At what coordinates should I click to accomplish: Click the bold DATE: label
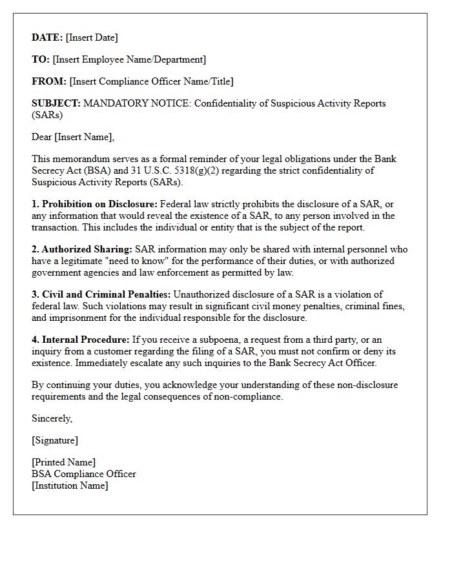pos(47,37)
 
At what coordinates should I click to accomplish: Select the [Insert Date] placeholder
pos(92,37)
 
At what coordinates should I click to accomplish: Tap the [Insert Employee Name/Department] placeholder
pos(129,59)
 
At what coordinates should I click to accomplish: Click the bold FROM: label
pos(49,81)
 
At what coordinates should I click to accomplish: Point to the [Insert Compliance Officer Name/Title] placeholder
pos(151,81)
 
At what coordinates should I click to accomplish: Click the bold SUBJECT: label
pos(56,103)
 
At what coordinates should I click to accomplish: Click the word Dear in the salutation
pos(42,137)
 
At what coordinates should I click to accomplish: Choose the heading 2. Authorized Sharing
pos(81,249)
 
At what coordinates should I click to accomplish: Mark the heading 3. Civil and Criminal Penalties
pos(101,294)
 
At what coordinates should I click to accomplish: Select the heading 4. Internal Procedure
pos(81,340)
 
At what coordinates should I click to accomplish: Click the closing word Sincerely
pos(52,418)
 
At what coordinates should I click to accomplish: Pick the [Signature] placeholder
pos(55,440)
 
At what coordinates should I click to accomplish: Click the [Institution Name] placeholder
pos(70,485)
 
